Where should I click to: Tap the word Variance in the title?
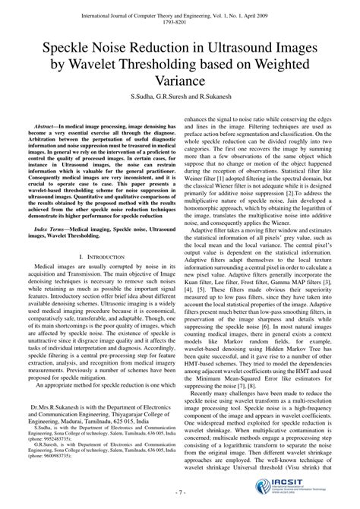point(180,79)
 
